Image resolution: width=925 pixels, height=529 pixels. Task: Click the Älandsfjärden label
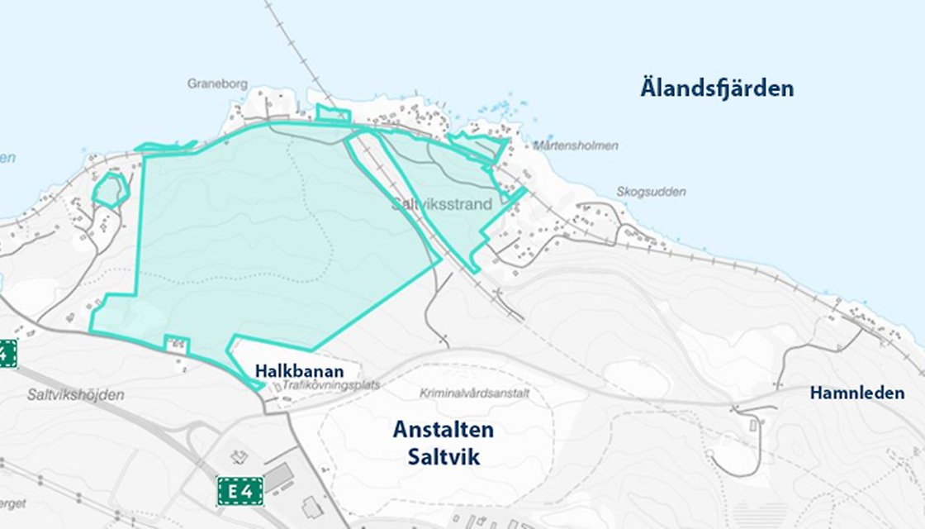tap(717, 88)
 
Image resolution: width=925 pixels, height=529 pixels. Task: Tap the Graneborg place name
tap(218, 83)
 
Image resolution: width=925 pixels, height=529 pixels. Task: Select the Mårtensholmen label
tap(576, 145)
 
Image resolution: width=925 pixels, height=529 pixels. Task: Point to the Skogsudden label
tap(651, 192)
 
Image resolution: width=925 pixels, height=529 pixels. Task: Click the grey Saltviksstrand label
tap(442, 203)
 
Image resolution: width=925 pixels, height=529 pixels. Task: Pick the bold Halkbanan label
tap(299, 371)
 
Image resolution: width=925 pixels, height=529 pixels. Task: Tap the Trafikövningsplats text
tap(330, 385)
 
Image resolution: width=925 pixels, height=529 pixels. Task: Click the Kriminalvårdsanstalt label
tap(474, 393)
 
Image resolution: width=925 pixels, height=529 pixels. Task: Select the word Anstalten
tap(443, 430)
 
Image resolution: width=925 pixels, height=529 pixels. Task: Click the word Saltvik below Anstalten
tap(443, 457)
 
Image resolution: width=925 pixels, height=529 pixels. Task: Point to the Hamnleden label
tap(856, 393)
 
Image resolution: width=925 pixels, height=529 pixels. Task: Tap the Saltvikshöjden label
tap(75, 395)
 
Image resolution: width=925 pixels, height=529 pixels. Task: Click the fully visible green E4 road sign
tap(240, 491)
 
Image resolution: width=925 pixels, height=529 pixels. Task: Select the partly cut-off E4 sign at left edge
tap(7, 354)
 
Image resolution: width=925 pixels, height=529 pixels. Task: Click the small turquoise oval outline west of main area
tap(109, 190)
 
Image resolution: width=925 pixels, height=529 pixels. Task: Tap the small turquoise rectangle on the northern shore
tap(333, 114)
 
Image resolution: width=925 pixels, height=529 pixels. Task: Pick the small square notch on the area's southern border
tap(177, 344)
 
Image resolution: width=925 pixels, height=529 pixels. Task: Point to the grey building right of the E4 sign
tap(277, 478)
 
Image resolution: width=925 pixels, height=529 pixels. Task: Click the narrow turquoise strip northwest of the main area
tap(165, 147)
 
